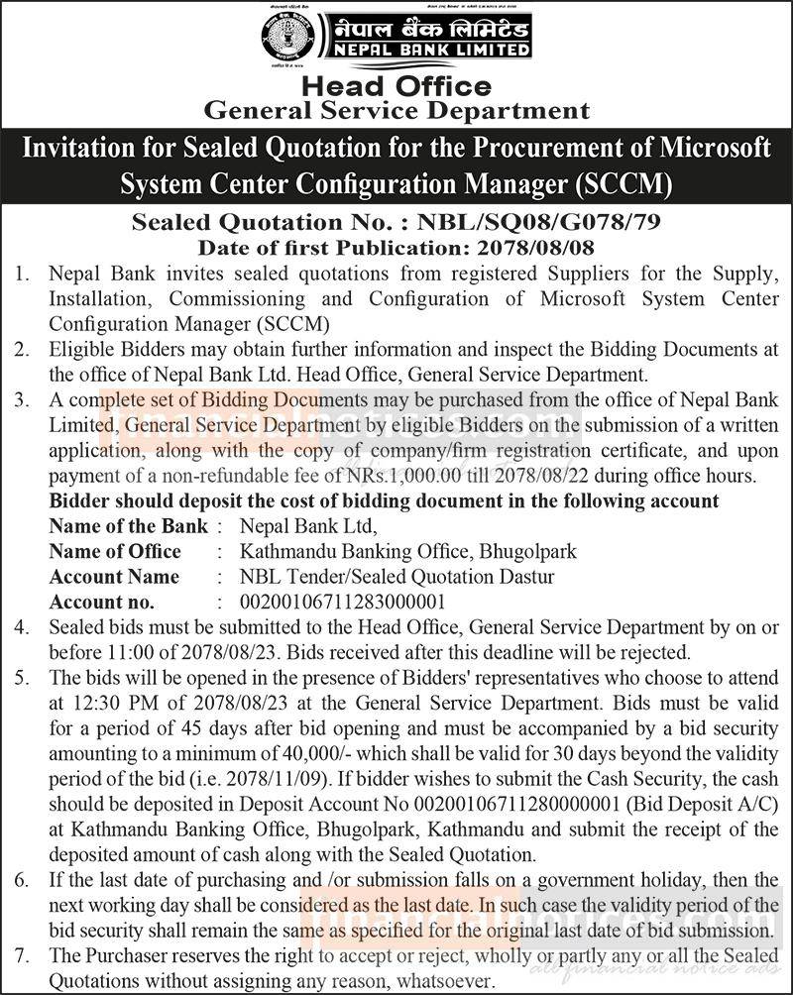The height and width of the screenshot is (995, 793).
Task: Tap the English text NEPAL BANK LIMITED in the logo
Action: pos(425,49)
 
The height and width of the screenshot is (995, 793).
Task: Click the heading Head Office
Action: pos(396,87)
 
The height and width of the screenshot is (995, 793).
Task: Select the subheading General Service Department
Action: pos(396,111)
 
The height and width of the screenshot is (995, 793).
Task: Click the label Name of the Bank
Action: pos(129,526)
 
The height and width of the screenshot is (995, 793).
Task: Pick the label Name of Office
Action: pos(115,551)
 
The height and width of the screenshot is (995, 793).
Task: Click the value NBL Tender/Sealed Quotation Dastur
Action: pos(397,577)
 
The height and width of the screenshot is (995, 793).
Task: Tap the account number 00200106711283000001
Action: pos(343,602)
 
